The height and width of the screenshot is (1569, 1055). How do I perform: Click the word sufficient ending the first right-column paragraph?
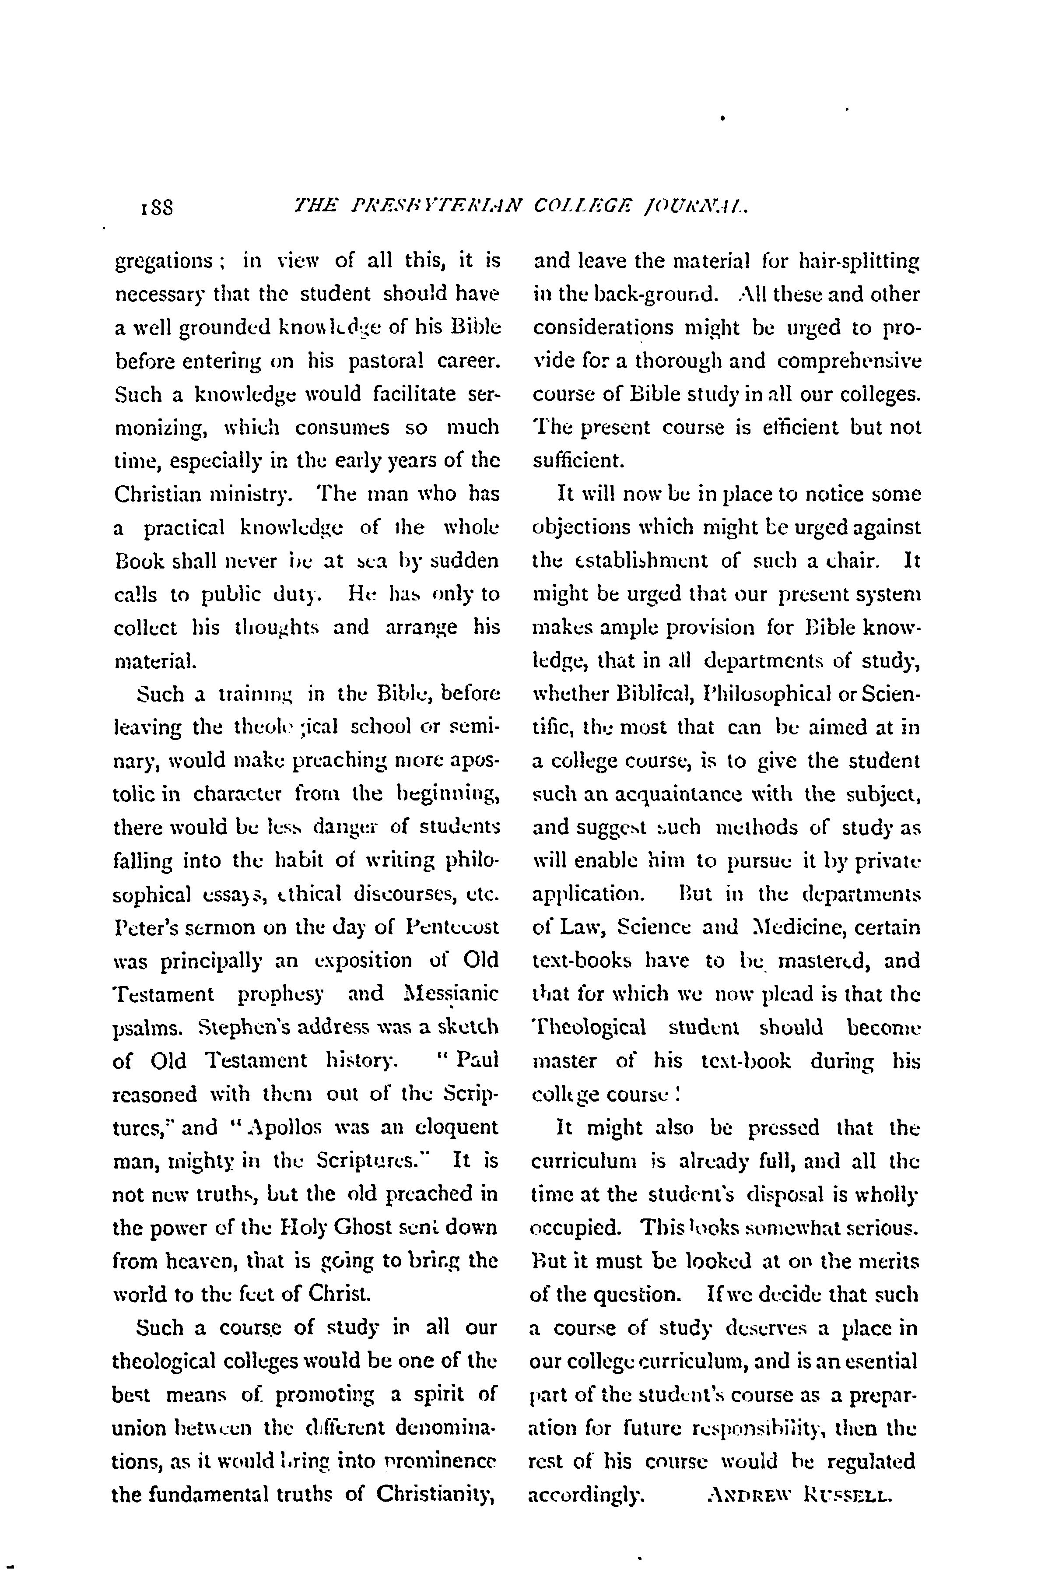tap(578, 461)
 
